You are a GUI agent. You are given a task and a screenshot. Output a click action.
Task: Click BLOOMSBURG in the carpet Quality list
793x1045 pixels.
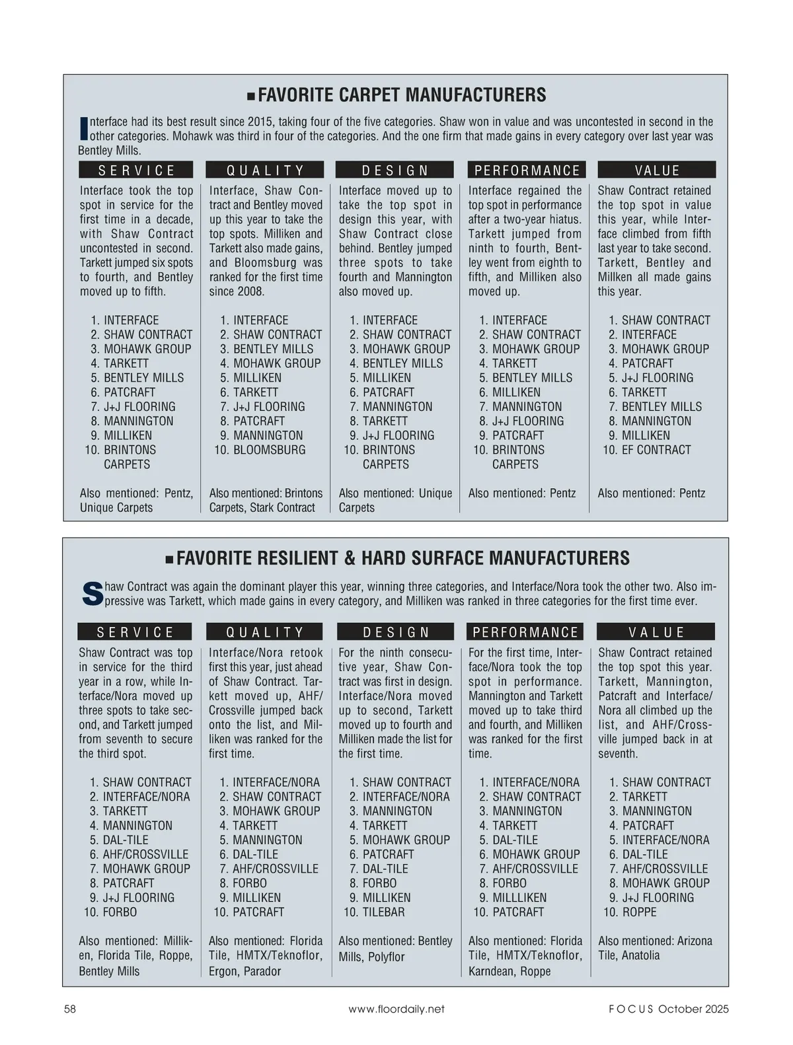269,450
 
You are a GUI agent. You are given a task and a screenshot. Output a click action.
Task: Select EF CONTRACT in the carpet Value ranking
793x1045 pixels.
656,450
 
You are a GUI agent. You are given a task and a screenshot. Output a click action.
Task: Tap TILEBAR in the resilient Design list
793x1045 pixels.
383,912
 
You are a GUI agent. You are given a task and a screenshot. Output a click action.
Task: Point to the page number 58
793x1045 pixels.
69,1009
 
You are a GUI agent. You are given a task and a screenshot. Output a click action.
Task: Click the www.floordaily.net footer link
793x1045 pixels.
396,1009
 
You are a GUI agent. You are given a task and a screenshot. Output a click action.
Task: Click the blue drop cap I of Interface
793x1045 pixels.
83,128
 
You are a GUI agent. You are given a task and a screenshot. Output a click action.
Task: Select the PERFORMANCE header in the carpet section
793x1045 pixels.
527,170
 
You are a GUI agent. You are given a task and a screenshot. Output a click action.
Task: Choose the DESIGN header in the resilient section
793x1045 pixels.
395,632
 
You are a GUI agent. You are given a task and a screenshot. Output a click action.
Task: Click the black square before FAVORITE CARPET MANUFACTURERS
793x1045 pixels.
250,96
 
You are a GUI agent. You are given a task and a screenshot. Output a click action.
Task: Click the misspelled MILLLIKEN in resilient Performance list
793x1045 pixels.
519,898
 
